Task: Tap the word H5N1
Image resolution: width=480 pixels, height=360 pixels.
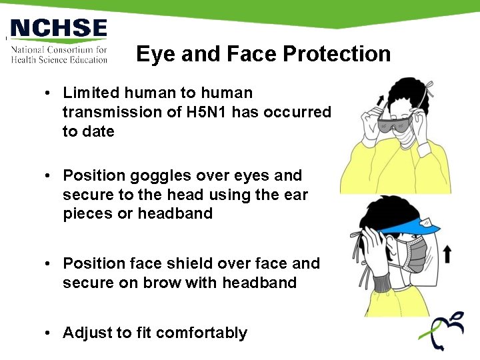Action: coord(211,112)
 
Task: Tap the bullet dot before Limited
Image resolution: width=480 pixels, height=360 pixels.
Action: coord(49,93)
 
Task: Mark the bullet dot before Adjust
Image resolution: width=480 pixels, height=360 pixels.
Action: coord(49,333)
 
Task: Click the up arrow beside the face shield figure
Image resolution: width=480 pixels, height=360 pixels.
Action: coord(447,253)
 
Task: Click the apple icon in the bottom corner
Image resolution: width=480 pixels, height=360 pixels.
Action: coord(441,330)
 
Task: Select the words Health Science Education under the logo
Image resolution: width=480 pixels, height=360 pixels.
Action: coord(59,59)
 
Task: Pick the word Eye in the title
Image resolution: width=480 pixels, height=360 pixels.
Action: coord(153,54)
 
